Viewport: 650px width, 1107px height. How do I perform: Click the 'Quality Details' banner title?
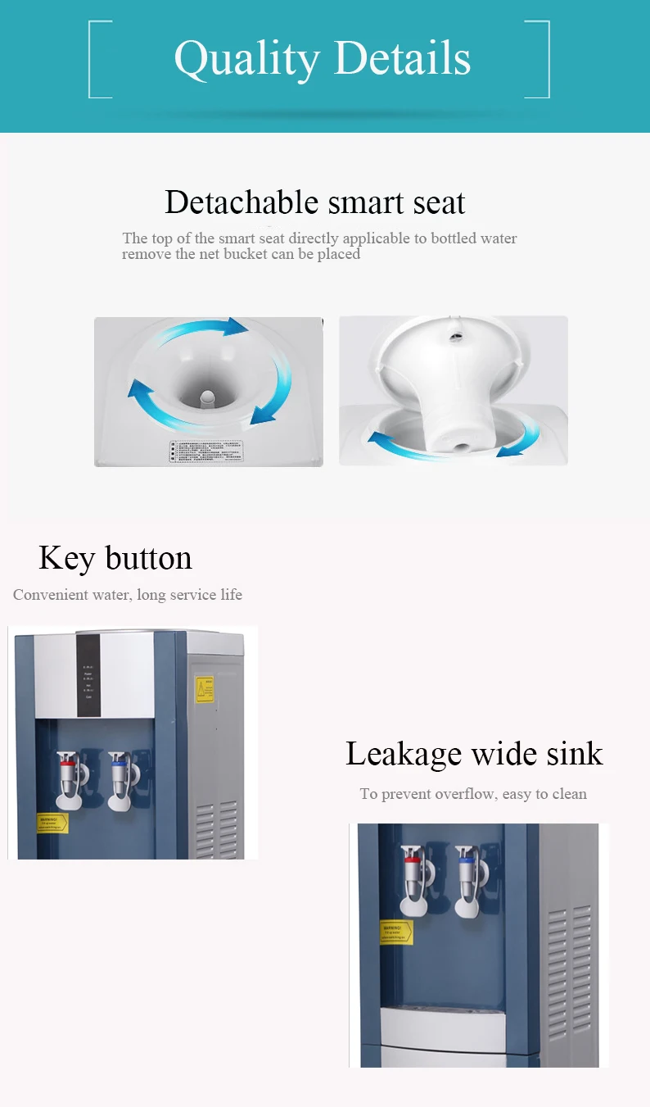[322, 59]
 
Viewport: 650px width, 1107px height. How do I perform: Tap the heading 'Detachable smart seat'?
[314, 202]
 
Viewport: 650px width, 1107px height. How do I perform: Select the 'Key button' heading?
[115, 558]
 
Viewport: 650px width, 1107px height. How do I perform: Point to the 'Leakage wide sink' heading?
[474, 753]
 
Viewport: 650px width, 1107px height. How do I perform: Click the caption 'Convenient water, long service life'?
[128, 595]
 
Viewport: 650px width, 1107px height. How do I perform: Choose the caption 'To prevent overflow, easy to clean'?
[473, 794]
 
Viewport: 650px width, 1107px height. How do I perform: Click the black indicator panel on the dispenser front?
[88, 675]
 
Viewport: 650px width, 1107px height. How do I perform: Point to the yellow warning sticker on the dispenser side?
[204, 689]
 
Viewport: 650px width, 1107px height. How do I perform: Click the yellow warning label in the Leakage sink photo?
[396, 932]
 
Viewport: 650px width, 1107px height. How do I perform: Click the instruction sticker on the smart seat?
[207, 451]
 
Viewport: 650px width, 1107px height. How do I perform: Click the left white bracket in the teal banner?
[98, 59]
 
